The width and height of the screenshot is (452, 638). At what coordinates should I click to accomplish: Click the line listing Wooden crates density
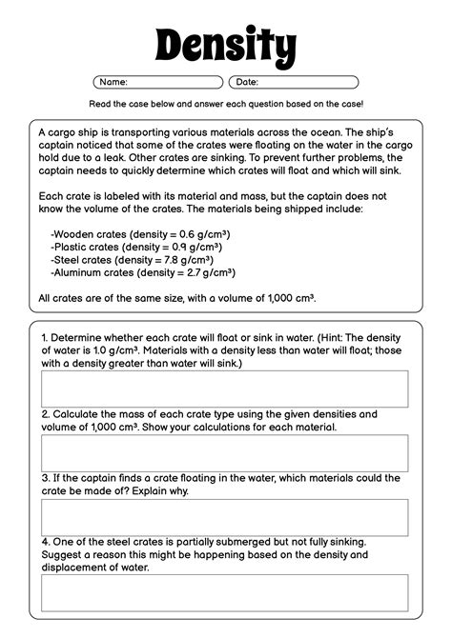(x=141, y=233)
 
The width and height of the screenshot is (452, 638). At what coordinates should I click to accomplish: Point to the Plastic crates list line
(x=139, y=246)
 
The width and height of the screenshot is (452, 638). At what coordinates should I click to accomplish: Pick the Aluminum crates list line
(x=143, y=271)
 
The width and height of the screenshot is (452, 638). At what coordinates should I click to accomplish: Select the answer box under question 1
(x=225, y=389)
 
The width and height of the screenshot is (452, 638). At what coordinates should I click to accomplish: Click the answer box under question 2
(x=225, y=452)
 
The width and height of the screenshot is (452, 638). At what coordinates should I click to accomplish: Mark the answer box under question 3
(x=225, y=517)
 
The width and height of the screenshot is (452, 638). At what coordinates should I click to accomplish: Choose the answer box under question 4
(x=225, y=591)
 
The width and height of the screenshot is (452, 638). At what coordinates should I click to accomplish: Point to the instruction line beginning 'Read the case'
(x=226, y=103)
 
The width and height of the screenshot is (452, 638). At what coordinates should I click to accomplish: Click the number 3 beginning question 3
(x=44, y=478)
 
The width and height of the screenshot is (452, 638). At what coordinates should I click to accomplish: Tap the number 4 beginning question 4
(x=44, y=541)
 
